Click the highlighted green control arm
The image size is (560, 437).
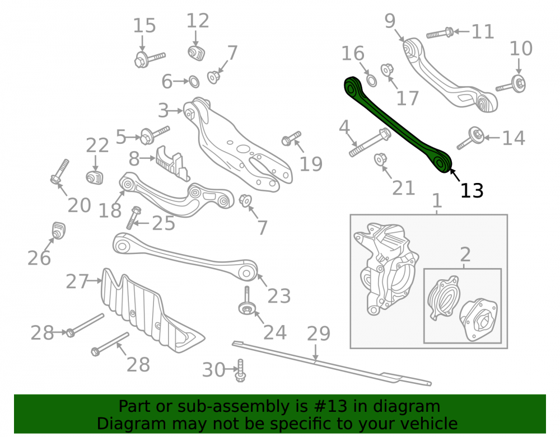(397, 125)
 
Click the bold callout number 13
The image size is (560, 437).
(472, 191)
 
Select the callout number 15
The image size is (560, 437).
(144, 26)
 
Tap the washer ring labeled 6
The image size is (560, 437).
(194, 82)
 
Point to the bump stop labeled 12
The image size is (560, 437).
(196, 53)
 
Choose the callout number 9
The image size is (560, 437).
(390, 21)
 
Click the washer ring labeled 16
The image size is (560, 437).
(371, 81)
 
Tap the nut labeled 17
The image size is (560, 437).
(387, 70)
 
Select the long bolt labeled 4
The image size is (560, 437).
(370, 143)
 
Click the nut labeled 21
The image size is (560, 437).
(380, 159)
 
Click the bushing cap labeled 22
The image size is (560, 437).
(95, 177)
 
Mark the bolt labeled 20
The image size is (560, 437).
(60, 172)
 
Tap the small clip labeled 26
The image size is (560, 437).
(59, 231)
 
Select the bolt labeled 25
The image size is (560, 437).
(134, 218)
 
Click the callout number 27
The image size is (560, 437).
(77, 281)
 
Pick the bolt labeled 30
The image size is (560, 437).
(240, 370)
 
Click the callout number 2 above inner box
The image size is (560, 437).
(465, 255)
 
